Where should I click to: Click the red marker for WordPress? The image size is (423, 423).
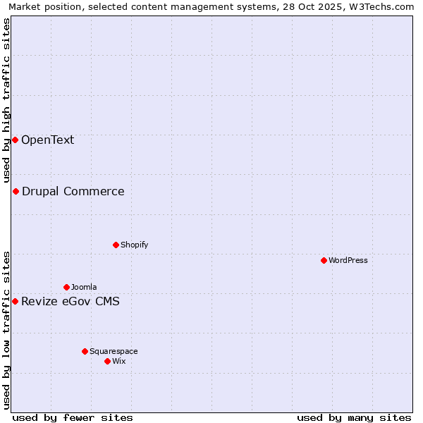(x=324, y=260)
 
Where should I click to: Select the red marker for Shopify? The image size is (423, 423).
(x=116, y=245)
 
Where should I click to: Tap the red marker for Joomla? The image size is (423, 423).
(x=66, y=287)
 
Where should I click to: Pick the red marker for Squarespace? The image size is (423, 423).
(x=85, y=351)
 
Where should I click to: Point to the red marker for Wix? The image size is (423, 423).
(x=107, y=361)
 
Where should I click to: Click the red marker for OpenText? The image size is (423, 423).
(x=15, y=140)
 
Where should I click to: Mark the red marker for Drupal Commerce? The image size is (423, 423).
(x=16, y=191)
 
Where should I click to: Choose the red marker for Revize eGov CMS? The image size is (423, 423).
(x=15, y=301)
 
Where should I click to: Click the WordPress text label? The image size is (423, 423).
(x=348, y=260)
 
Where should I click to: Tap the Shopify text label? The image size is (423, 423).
(x=135, y=245)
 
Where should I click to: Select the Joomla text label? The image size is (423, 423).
(x=84, y=287)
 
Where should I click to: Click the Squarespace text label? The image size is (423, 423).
(x=114, y=351)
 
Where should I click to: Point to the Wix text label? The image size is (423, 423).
(x=119, y=361)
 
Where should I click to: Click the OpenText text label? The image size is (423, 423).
(x=47, y=140)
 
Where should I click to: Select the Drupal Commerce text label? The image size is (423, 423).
(x=73, y=191)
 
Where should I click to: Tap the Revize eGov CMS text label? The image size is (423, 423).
(x=70, y=302)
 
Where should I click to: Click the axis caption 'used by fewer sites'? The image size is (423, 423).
(x=73, y=417)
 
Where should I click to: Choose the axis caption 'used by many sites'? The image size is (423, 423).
(x=354, y=417)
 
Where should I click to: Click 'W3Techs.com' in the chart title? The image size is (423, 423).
(x=384, y=6)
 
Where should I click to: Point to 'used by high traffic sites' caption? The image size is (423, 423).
(x=6, y=101)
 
